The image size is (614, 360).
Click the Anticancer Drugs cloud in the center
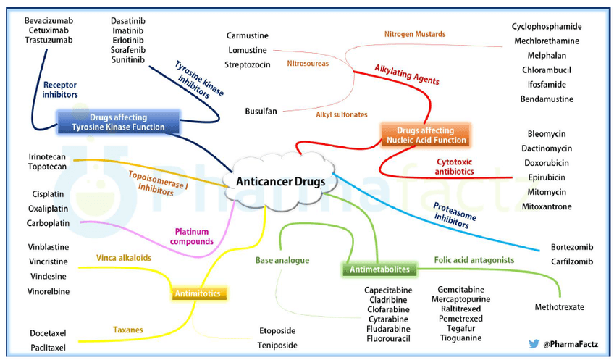[280, 181]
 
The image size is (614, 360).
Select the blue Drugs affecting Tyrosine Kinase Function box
[118, 122]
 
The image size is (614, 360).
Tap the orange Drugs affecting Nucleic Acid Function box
[426, 135]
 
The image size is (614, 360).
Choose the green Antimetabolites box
[379, 269]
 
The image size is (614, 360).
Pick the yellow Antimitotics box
[198, 293]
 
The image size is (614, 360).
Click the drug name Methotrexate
[559, 307]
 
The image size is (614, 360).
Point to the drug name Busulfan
[261, 112]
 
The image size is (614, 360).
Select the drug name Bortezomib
[572, 247]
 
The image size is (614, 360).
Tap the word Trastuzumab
[49, 40]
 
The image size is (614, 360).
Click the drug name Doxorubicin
[547, 163]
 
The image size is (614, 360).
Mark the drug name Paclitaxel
[49, 348]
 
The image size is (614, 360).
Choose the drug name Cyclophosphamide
[547, 27]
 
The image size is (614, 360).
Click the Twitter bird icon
[534, 344]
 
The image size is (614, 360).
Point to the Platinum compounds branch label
[192, 237]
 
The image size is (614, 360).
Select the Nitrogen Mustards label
[415, 34]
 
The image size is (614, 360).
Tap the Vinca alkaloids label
[124, 258]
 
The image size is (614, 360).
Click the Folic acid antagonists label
[474, 260]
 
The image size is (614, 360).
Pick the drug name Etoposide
[277, 331]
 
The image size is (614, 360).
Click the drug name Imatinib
[128, 30]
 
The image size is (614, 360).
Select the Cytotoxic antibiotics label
[454, 167]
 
